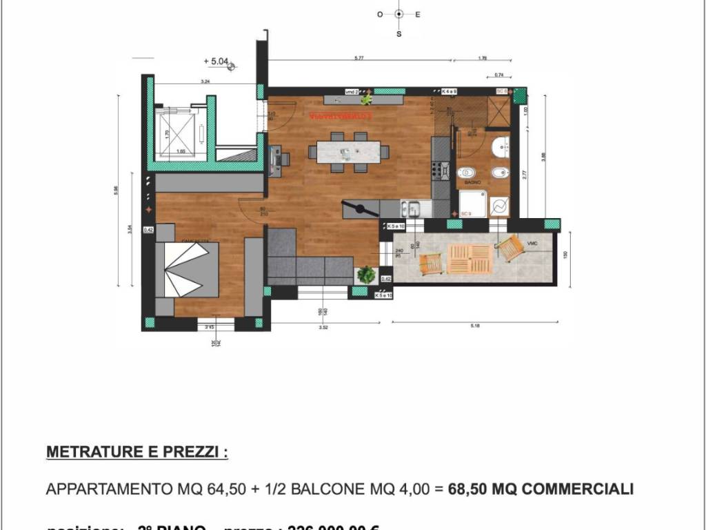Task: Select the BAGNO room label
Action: click(x=472, y=182)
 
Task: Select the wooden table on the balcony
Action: click(x=470, y=258)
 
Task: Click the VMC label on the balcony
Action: click(x=532, y=244)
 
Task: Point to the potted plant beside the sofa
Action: click(x=366, y=275)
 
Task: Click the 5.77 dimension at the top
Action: click(x=359, y=59)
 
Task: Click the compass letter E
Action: click(x=418, y=14)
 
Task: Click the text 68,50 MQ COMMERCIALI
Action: click(x=541, y=489)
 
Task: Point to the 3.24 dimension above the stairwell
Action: click(x=205, y=82)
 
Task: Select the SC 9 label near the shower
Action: click(x=465, y=214)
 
